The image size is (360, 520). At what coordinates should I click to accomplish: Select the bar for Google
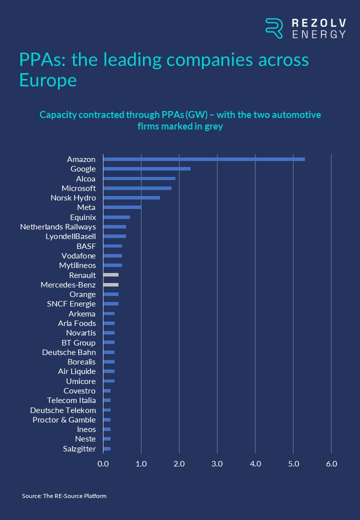click(x=146, y=168)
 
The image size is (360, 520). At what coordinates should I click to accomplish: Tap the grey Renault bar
click(x=111, y=275)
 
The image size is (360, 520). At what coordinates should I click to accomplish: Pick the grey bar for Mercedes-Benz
click(x=111, y=284)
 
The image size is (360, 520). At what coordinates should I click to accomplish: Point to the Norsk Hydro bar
click(x=131, y=197)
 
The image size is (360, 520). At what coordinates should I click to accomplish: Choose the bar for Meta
click(x=122, y=207)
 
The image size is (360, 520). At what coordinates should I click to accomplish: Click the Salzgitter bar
click(x=107, y=448)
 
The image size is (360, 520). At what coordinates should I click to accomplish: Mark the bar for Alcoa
click(x=139, y=178)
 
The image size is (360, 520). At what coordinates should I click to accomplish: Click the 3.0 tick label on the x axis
click(x=217, y=463)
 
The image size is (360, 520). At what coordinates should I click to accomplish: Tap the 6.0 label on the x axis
click(x=331, y=463)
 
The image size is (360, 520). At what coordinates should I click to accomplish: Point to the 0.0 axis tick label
click(x=103, y=463)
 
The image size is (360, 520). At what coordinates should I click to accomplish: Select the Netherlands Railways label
click(x=58, y=226)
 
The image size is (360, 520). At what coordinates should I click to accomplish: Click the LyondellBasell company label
click(x=70, y=236)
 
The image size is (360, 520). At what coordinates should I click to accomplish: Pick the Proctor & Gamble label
click(x=64, y=419)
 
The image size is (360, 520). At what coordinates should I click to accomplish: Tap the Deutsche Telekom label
click(x=63, y=410)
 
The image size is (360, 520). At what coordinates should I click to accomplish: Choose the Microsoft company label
click(x=78, y=188)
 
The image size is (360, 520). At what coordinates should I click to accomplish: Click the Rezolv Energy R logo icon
click(x=273, y=28)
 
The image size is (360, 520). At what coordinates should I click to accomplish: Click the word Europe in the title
click(x=48, y=80)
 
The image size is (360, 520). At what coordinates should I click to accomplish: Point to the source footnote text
click(x=64, y=496)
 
